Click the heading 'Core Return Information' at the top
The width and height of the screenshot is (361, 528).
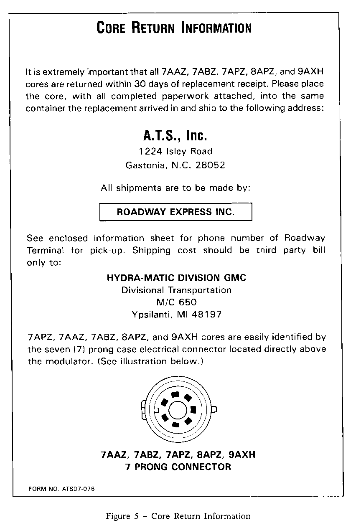tap(174, 28)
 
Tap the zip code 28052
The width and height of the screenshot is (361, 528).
tap(211, 165)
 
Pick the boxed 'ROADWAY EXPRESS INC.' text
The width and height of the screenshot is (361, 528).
tap(175, 212)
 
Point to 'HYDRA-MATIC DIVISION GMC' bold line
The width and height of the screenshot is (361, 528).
tap(176, 278)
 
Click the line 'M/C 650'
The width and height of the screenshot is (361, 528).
tap(176, 302)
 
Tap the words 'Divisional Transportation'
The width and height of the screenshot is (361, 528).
tap(176, 290)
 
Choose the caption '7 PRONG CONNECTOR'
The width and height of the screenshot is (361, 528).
tap(178, 467)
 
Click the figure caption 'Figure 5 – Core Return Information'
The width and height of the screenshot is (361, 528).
tap(178, 516)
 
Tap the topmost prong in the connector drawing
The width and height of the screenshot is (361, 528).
tap(175, 394)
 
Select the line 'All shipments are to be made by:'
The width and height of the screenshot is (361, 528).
tap(175, 188)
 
